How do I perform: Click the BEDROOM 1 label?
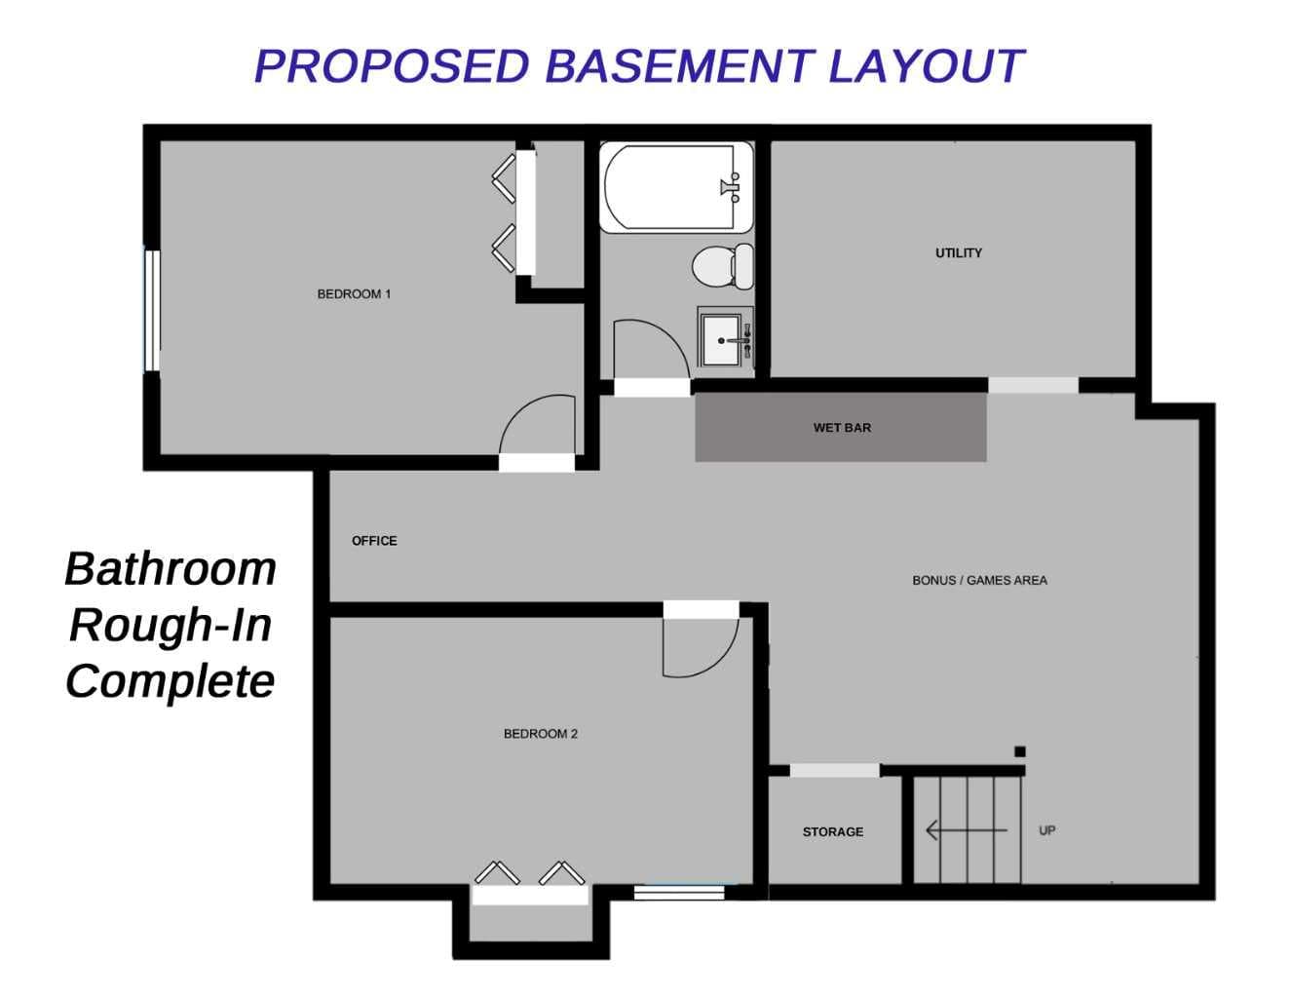click(x=354, y=294)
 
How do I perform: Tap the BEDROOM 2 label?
click(x=541, y=734)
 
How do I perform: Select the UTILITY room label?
click(x=959, y=253)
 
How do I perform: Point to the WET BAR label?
click(x=842, y=428)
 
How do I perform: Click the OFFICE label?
click(x=374, y=541)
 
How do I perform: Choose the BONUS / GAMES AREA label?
click(x=979, y=581)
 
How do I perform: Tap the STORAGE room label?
click(x=833, y=831)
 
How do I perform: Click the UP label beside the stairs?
click(x=1046, y=830)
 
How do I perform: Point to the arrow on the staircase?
click(x=967, y=830)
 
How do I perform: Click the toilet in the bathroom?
click(x=723, y=267)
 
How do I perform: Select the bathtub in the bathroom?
click(x=676, y=187)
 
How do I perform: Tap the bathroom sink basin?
click(x=721, y=340)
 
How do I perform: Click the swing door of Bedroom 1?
click(x=538, y=425)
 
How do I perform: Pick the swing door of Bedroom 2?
click(x=702, y=647)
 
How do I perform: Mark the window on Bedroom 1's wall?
click(x=152, y=310)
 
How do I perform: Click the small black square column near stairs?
click(x=1020, y=751)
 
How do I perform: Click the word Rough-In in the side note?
click(x=171, y=625)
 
